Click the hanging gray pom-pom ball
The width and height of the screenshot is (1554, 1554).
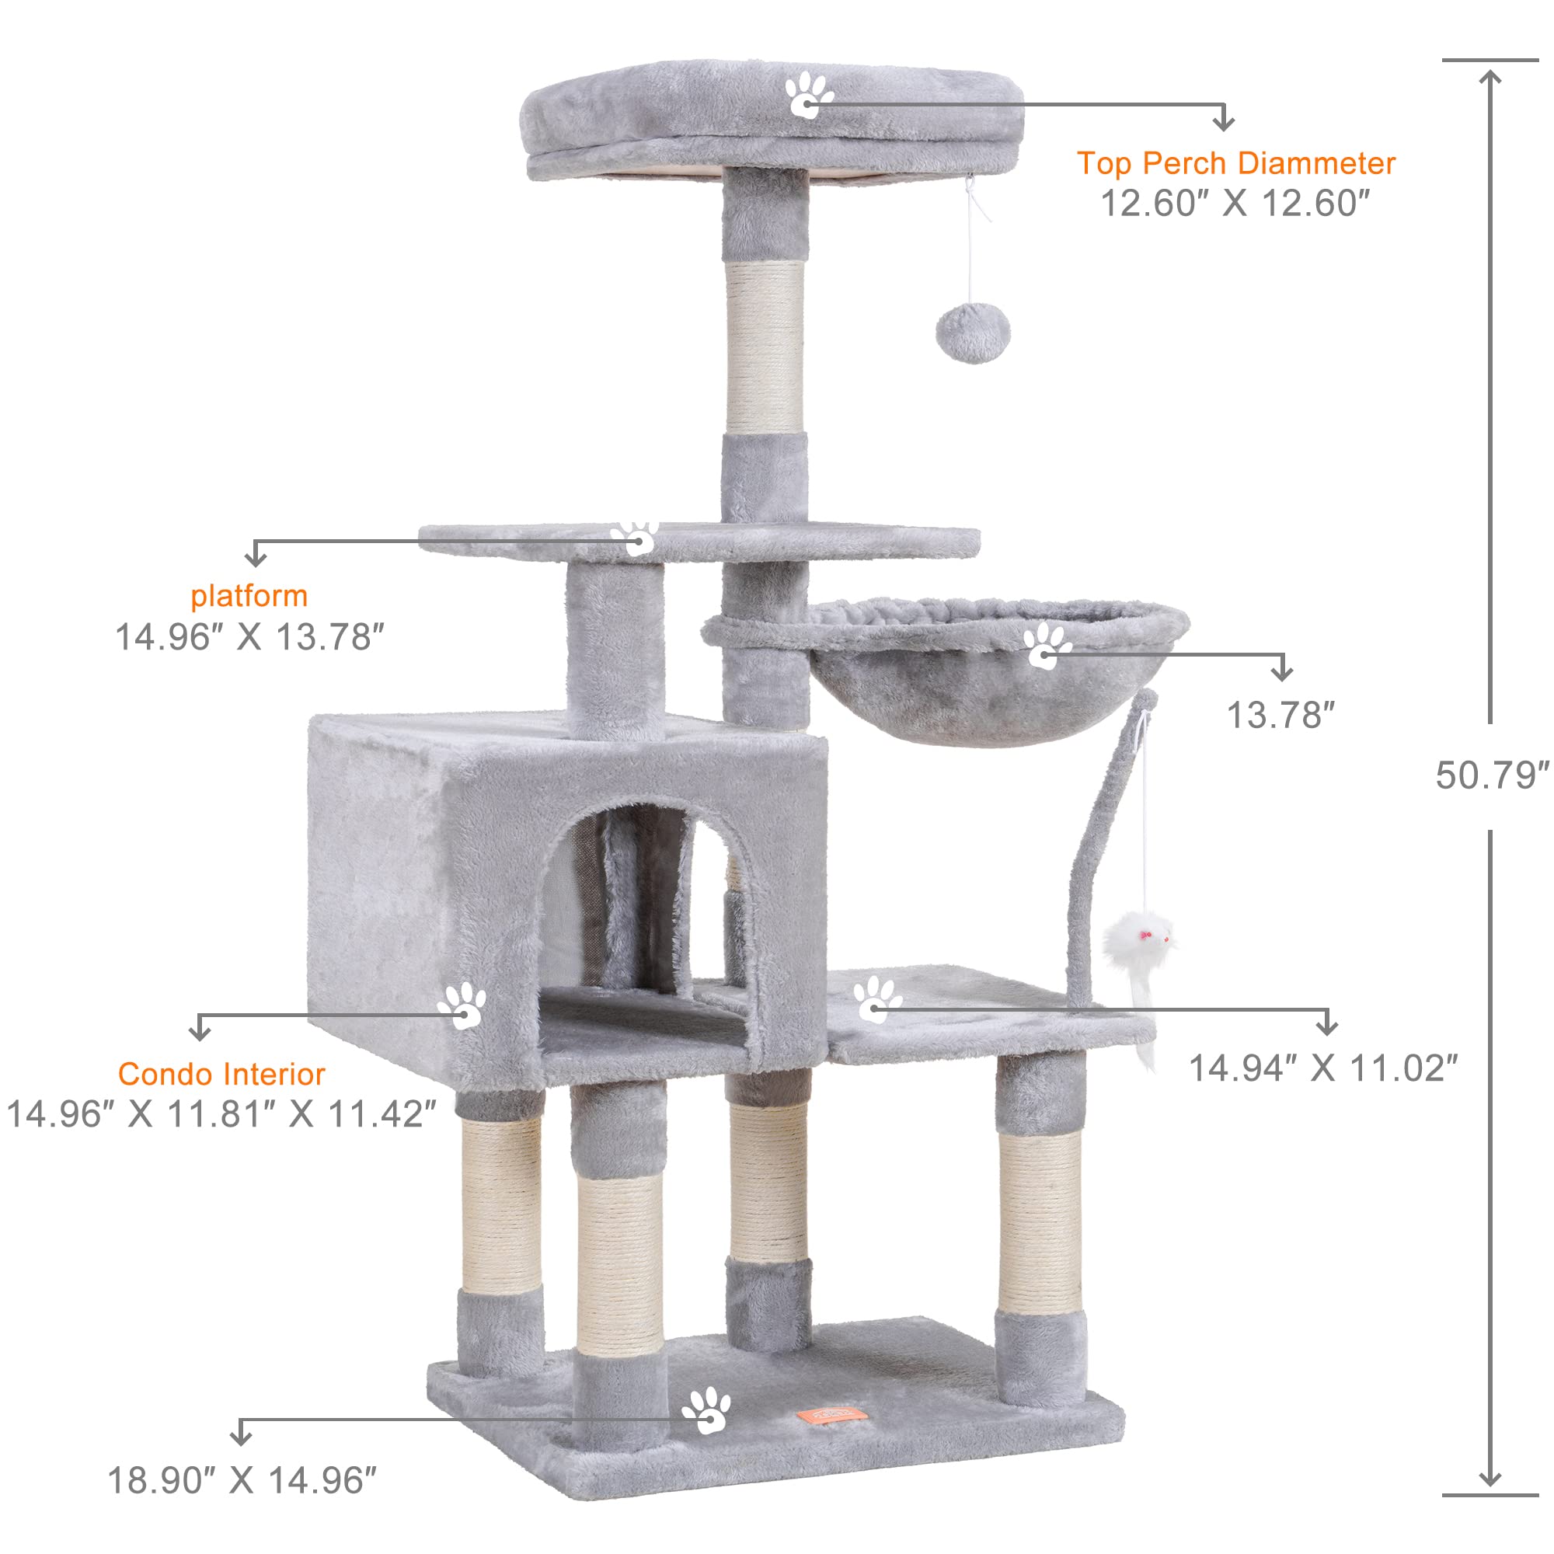pos(974,333)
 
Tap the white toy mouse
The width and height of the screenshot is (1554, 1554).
pos(1139,941)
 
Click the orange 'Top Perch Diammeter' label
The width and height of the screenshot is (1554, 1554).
pos(1235,163)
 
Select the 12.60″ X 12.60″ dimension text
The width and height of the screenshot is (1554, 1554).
pos(1234,204)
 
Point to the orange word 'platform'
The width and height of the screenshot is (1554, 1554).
pos(249,596)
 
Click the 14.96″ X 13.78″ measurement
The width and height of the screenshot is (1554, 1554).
pos(249,637)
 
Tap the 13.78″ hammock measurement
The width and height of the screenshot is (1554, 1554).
pos(1280,715)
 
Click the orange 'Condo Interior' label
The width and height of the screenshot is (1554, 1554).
pos(221,1074)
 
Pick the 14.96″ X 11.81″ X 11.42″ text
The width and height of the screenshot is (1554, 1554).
pos(221,1114)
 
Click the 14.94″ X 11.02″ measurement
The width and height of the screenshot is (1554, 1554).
pos(1323,1068)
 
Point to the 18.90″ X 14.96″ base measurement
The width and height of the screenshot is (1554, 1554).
pos(242,1481)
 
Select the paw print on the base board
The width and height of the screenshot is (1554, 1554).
pos(706,1410)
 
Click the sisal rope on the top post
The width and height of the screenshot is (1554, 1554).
pos(765,346)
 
